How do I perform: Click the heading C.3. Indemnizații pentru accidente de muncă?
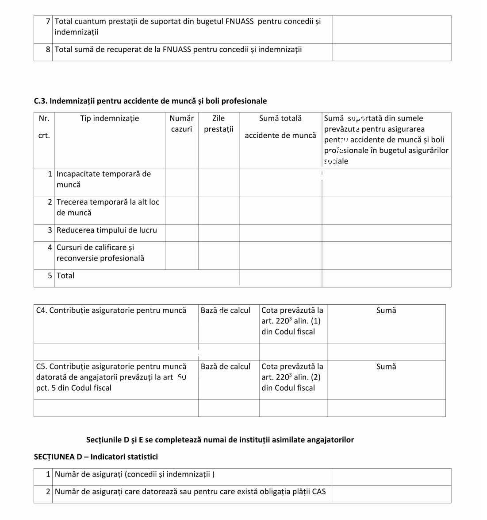coord(150,101)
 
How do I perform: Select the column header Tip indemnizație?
coord(109,118)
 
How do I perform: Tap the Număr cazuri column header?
coord(181,124)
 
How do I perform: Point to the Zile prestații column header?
coord(219,124)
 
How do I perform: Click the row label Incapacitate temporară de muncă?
coord(104,179)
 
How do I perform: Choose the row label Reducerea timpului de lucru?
coord(107,230)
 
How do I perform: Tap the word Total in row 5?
coord(65,276)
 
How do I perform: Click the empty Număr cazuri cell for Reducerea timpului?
coord(181,233)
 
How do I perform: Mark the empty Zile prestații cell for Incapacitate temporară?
coord(219,182)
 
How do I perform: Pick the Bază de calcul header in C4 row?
coord(225,310)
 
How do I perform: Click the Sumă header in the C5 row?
coord(386,367)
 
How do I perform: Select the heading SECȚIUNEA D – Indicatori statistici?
coord(96,457)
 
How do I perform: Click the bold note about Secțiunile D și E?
coord(220,440)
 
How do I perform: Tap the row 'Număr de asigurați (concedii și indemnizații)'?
coord(134,474)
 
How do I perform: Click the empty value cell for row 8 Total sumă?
coord(391,52)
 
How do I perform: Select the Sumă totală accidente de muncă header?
coord(280,127)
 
